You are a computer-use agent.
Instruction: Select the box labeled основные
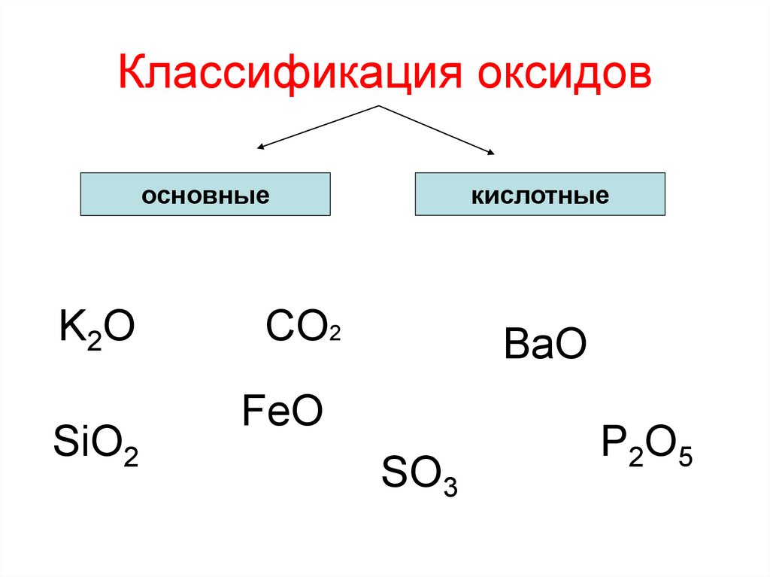click(x=205, y=195)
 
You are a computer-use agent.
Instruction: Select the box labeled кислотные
click(x=540, y=195)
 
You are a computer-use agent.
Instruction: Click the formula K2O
click(x=96, y=329)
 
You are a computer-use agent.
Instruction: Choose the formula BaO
click(x=545, y=348)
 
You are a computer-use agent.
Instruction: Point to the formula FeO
click(x=282, y=412)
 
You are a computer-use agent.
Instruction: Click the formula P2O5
click(x=646, y=444)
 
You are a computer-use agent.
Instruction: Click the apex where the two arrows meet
click(x=376, y=106)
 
